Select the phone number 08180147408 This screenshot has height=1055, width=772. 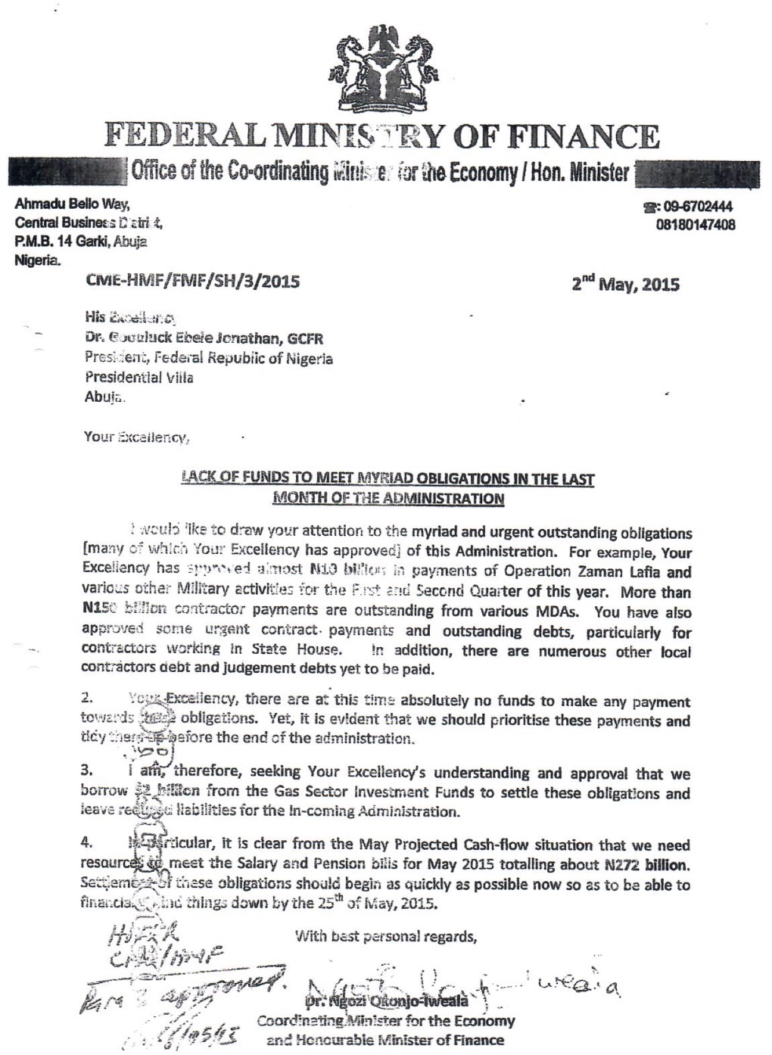click(x=696, y=225)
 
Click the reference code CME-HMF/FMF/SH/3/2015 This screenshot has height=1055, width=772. click(x=194, y=282)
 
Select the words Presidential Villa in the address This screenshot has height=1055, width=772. click(x=139, y=376)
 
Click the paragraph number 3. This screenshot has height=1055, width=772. click(x=86, y=772)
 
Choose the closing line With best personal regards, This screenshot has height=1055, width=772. click(x=386, y=936)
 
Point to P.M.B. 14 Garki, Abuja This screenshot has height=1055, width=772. click(x=82, y=241)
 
